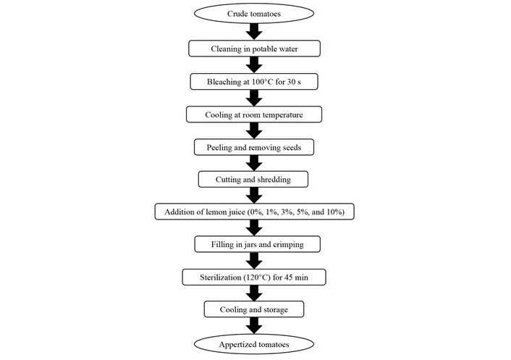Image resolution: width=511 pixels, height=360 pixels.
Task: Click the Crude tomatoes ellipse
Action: [x=254, y=13]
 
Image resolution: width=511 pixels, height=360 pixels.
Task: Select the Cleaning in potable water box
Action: [x=254, y=49]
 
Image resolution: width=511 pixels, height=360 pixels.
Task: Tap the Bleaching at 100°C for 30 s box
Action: [x=254, y=82]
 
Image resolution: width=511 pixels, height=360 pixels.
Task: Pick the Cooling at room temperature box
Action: [x=254, y=114]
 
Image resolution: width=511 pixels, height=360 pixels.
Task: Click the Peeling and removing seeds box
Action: [x=254, y=147]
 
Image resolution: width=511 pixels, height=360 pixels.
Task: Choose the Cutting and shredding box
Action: [x=253, y=180]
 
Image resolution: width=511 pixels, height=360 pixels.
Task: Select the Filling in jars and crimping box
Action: [x=258, y=244]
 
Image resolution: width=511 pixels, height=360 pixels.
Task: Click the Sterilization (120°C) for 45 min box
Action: [x=254, y=277]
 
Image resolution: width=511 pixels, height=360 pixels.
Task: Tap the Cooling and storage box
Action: [x=254, y=309]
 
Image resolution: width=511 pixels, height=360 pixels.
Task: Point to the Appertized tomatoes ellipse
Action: [x=254, y=344]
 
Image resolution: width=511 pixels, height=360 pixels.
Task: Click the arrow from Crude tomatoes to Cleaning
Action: [x=254, y=32]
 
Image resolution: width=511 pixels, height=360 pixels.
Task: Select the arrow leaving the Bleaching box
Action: [x=254, y=98]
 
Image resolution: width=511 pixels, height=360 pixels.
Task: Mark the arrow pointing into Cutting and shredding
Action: [x=254, y=163]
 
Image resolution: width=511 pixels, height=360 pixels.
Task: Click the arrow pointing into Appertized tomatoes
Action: [x=254, y=325]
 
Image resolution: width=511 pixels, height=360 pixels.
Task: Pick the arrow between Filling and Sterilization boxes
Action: [x=254, y=261]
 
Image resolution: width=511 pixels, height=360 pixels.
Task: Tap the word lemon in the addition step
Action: [x=216, y=212]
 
